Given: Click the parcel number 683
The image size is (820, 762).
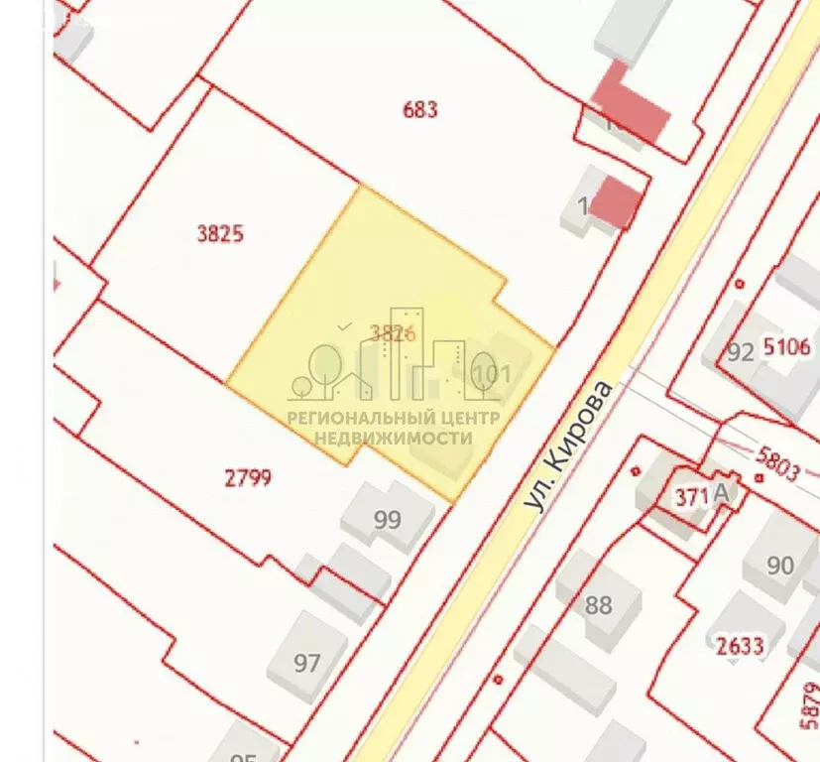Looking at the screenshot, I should [x=420, y=109].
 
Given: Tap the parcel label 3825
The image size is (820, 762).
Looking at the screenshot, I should [x=220, y=234].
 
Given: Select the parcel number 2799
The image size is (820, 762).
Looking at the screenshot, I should [x=248, y=479].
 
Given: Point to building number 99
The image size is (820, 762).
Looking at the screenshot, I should [x=388, y=519].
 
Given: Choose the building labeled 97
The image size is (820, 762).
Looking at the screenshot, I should [x=307, y=662].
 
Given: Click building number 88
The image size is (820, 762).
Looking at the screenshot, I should [x=599, y=604].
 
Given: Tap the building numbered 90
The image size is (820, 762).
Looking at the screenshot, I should [x=780, y=565].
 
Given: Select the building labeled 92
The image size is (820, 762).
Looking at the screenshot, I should [x=740, y=352].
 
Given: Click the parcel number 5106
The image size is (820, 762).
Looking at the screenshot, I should [x=788, y=347].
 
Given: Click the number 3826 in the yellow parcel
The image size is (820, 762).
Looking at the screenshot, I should [x=392, y=333].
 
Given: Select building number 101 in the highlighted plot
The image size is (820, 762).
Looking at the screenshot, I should [x=492, y=374].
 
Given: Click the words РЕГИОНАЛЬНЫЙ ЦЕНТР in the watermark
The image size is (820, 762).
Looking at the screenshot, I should [x=394, y=418].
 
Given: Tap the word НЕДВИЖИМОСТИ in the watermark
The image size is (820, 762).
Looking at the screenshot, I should [x=393, y=438].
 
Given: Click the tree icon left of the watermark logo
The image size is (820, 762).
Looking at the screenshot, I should [x=323, y=364].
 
